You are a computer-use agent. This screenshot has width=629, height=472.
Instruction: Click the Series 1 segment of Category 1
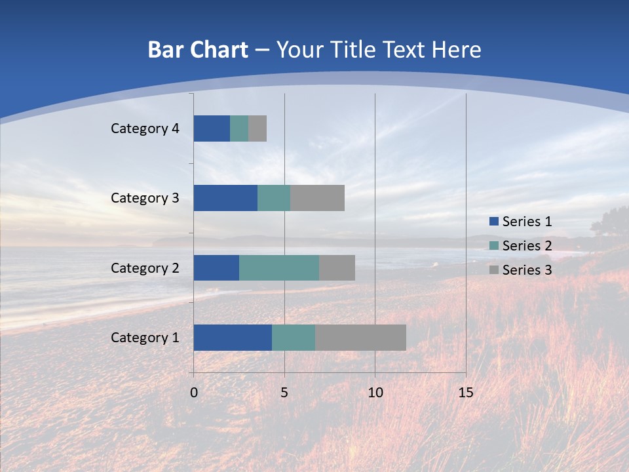click(x=233, y=338)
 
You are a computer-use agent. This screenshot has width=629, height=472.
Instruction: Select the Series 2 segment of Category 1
click(x=294, y=338)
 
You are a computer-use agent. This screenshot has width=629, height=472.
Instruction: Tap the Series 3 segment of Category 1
click(x=360, y=338)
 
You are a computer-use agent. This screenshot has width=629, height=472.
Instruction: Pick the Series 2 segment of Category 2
click(x=279, y=267)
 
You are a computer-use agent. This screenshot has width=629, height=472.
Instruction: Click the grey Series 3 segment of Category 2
click(x=337, y=267)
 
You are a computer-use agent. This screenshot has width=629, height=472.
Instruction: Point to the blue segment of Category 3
click(x=225, y=198)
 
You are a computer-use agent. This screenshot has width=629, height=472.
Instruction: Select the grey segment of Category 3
click(x=317, y=198)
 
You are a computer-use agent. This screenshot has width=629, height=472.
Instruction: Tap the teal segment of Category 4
click(x=239, y=128)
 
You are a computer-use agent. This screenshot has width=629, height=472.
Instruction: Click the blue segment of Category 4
click(x=212, y=128)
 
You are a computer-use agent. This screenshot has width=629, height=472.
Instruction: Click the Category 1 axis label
click(x=144, y=338)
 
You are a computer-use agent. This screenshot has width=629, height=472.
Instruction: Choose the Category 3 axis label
click(x=144, y=198)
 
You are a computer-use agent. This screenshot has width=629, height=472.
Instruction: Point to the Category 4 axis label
click(x=144, y=128)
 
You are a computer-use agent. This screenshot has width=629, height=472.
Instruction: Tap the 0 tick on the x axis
click(x=194, y=393)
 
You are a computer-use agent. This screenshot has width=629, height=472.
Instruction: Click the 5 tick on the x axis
click(x=284, y=393)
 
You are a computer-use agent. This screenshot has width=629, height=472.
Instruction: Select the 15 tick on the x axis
click(x=465, y=393)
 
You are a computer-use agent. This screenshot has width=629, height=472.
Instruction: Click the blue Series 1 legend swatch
click(x=493, y=222)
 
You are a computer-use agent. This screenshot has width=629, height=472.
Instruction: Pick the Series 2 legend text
click(x=527, y=246)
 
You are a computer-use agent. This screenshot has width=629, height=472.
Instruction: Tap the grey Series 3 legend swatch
click(x=493, y=270)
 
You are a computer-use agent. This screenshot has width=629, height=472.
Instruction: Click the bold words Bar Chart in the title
click(x=198, y=50)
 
